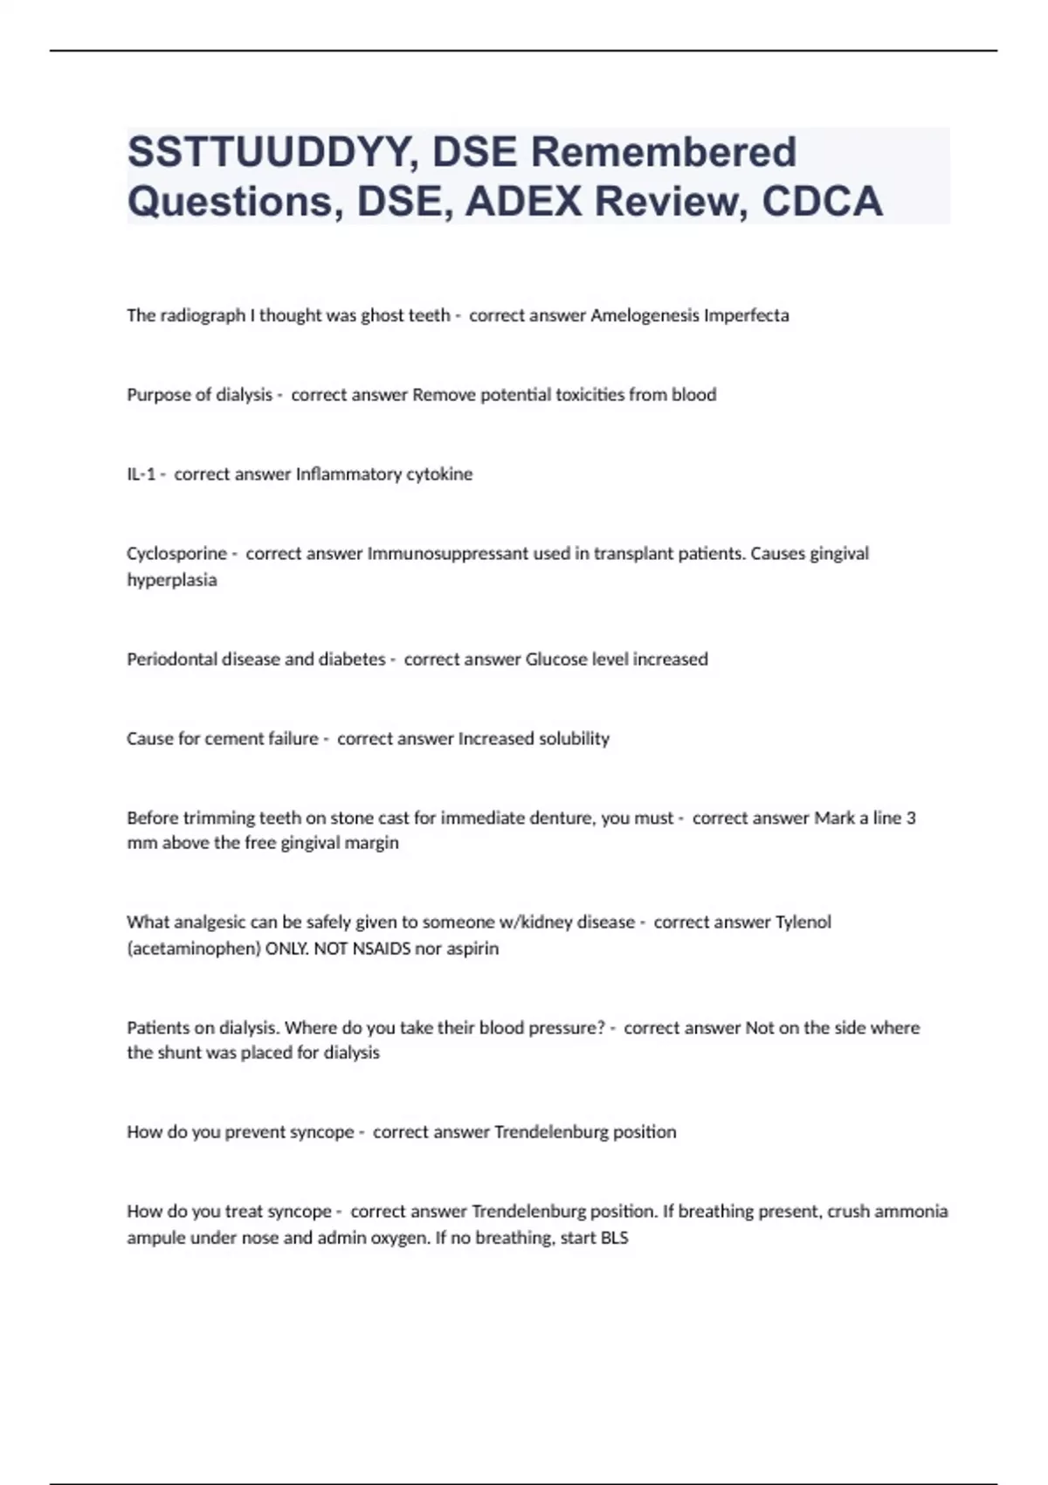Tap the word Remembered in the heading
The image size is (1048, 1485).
[x=663, y=152]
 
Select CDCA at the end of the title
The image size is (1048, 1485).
[x=822, y=202]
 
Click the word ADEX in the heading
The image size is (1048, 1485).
[x=523, y=202]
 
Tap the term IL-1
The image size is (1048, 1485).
[x=141, y=474]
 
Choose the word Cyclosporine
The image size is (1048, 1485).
[x=176, y=554]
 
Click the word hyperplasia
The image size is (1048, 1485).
[x=171, y=580]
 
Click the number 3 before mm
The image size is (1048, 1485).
[x=911, y=818]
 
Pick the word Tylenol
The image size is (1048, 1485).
[x=803, y=922]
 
